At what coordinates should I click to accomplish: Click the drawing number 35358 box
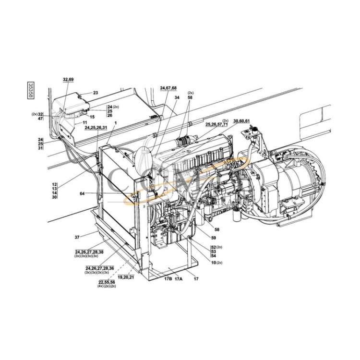click(x=31, y=90)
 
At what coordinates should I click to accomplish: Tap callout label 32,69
click(x=68, y=79)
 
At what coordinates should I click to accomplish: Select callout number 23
click(x=95, y=93)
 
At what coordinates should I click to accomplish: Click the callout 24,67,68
click(x=168, y=88)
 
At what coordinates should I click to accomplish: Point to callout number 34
click(x=177, y=97)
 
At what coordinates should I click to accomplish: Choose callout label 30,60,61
click(x=241, y=120)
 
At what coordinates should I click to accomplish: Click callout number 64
click(x=83, y=194)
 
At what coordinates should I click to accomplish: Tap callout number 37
click(x=76, y=237)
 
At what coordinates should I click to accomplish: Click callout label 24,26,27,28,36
click(x=100, y=268)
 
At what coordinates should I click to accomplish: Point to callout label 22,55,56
click(x=106, y=282)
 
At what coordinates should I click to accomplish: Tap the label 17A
click(x=178, y=278)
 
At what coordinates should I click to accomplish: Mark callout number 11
click(x=84, y=123)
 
